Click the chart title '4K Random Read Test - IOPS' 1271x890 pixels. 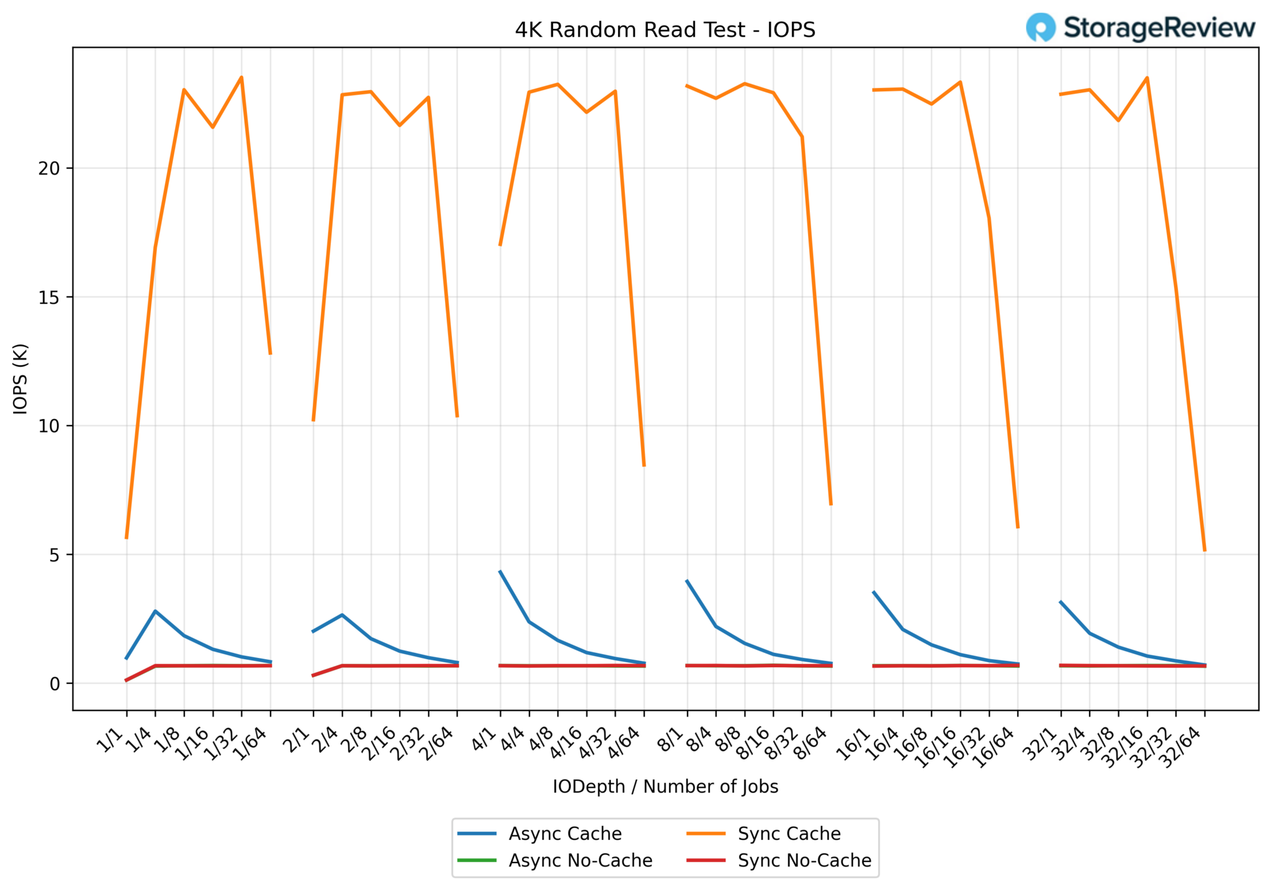(665, 30)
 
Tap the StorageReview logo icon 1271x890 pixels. (1040, 27)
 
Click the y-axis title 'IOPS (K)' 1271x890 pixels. (20, 379)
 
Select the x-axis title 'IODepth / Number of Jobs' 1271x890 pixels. (665, 786)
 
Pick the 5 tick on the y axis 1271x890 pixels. (55, 555)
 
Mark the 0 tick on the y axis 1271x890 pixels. (55, 684)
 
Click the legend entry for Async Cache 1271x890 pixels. (565, 834)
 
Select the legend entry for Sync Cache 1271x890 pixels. (789, 834)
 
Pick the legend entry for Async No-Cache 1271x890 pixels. (580, 861)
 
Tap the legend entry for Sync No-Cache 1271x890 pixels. (804, 861)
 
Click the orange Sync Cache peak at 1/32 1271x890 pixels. (241, 77)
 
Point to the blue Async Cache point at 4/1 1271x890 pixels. (500, 572)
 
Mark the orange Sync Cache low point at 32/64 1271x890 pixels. (1205, 551)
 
